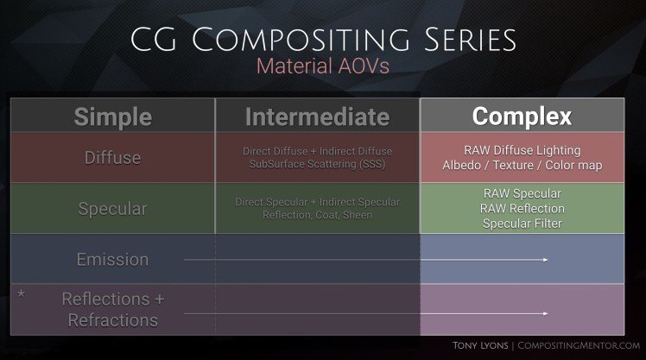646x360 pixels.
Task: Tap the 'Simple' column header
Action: tap(112, 117)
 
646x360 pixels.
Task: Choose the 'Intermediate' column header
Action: tap(317, 117)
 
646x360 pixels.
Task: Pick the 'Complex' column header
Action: tap(522, 117)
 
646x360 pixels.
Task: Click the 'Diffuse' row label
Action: tap(112, 158)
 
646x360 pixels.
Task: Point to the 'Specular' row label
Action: tap(112, 209)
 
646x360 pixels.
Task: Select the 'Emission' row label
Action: tap(112, 259)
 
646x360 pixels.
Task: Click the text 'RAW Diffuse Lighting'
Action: tap(522, 150)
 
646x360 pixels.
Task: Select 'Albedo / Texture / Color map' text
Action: tap(522, 165)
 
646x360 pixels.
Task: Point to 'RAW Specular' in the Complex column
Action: tap(522, 193)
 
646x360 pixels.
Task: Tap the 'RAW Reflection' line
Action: tap(522, 208)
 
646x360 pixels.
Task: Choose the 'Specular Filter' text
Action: tap(522, 224)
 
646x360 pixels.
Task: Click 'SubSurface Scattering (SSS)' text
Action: tap(317, 165)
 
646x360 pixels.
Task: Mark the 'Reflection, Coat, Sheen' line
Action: tap(317, 215)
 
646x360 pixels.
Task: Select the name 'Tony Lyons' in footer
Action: tap(481, 345)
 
